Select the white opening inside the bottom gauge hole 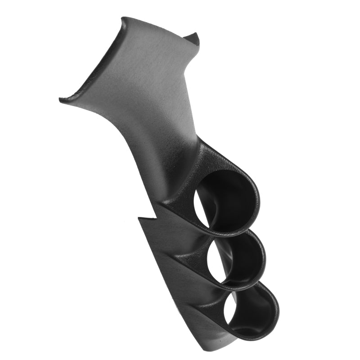[x=230, y=310]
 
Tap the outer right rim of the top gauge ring [x=258, y=202]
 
